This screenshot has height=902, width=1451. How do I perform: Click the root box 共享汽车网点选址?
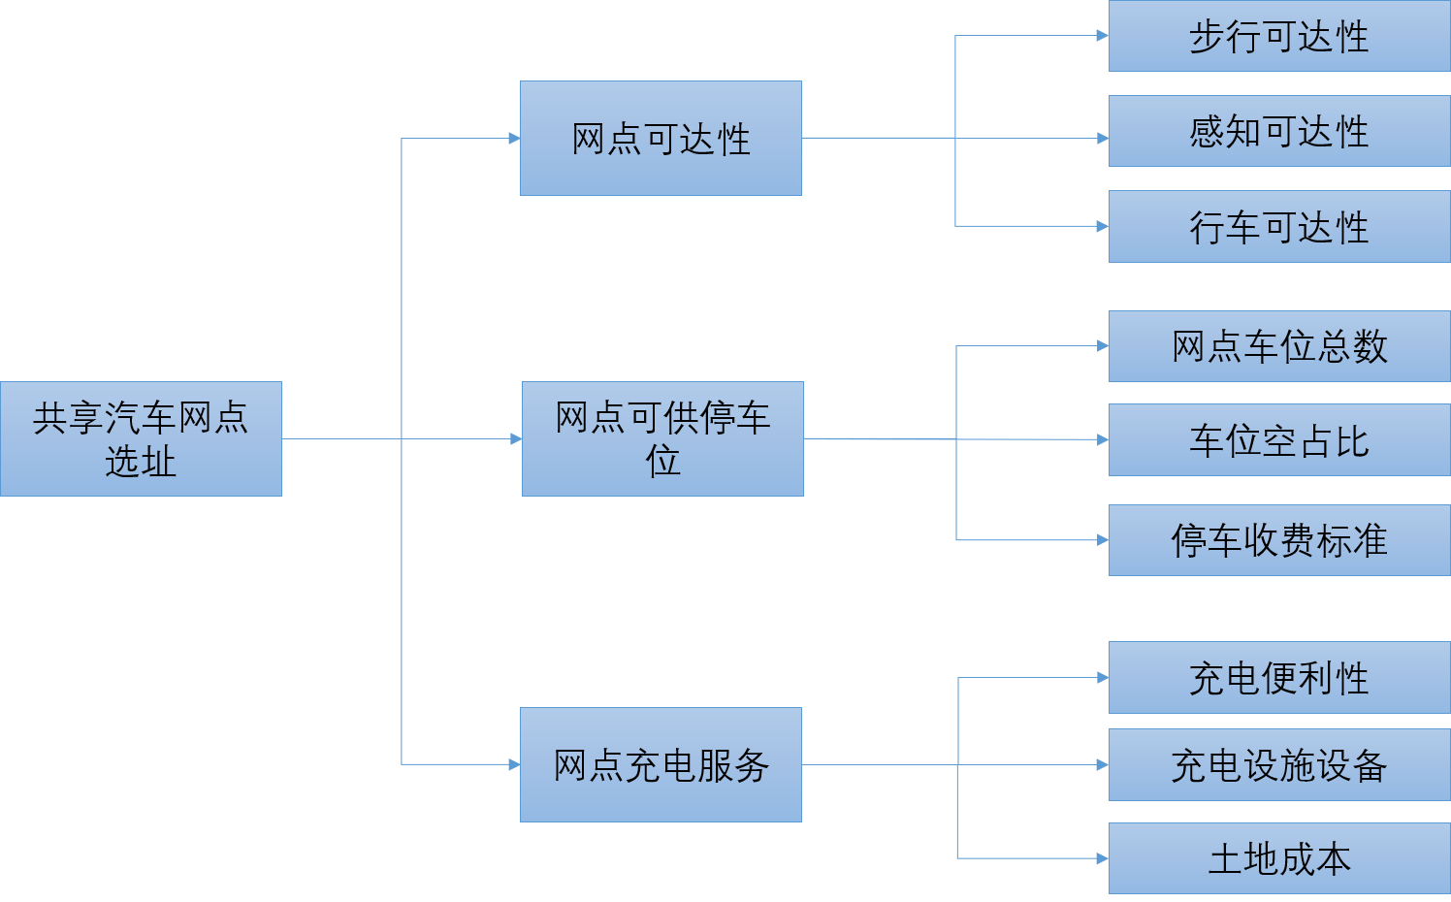tap(141, 438)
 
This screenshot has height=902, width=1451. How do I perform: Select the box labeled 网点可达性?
tap(661, 138)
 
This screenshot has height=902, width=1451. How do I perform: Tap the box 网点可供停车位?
tap(662, 438)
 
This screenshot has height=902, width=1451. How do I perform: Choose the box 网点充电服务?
tap(661, 764)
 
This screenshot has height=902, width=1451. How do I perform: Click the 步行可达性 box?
tap(1278, 36)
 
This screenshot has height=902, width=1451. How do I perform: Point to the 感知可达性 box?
tap(1278, 131)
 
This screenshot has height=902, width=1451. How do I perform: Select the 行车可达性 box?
tap(1278, 226)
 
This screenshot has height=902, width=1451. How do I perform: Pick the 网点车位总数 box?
tap(1278, 346)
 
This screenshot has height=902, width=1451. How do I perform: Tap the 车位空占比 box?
tap(1278, 440)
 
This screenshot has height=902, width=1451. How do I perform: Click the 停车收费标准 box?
tap(1278, 540)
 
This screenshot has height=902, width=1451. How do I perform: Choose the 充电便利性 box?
tap(1278, 677)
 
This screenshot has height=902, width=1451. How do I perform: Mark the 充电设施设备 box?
tap(1278, 765)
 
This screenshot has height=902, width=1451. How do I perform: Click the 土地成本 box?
tap(1278, 858)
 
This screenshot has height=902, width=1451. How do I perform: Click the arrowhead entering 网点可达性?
tap(514, 139)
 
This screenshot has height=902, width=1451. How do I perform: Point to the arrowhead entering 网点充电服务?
tap(514, 764)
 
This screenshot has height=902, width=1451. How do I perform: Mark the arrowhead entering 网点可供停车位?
tap(516, 439)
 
